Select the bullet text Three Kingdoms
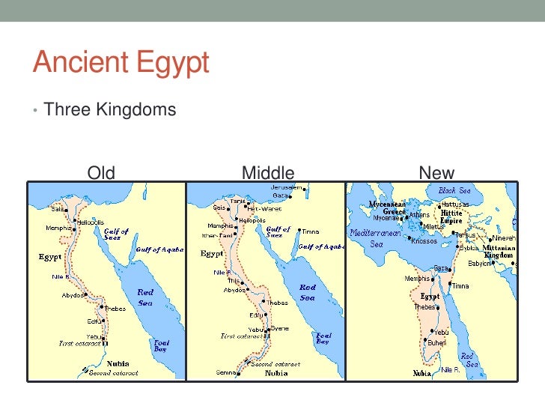109,110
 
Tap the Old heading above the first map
101,174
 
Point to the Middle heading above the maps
268,174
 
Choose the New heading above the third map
436,174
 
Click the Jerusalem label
287,187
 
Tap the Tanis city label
238,201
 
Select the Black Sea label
457,191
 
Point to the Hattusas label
455,204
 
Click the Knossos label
424,240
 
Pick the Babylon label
479,263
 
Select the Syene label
279,329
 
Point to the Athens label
419,215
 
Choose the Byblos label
469,246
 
